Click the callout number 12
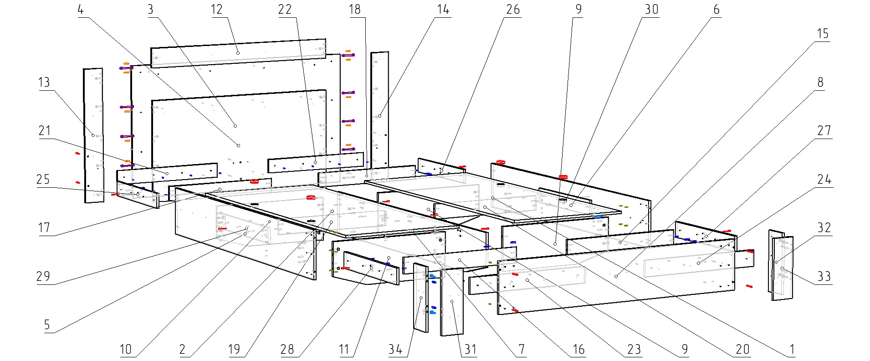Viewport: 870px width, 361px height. (217, 10)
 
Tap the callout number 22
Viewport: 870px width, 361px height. (285, 10)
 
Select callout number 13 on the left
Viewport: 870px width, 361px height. (44, 83)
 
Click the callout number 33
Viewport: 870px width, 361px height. (824, 277)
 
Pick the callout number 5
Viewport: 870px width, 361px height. (47, 325)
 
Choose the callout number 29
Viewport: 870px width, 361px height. (43, 277)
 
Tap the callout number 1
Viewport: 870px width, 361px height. (792, 350)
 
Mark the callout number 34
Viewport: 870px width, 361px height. (395, 350)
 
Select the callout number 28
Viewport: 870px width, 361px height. (287, 350)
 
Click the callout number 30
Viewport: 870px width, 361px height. (651, 10)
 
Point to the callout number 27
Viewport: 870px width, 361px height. (824, 131)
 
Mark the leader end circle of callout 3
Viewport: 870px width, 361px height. (235, 126)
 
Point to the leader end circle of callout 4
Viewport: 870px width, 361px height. (238, 145)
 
